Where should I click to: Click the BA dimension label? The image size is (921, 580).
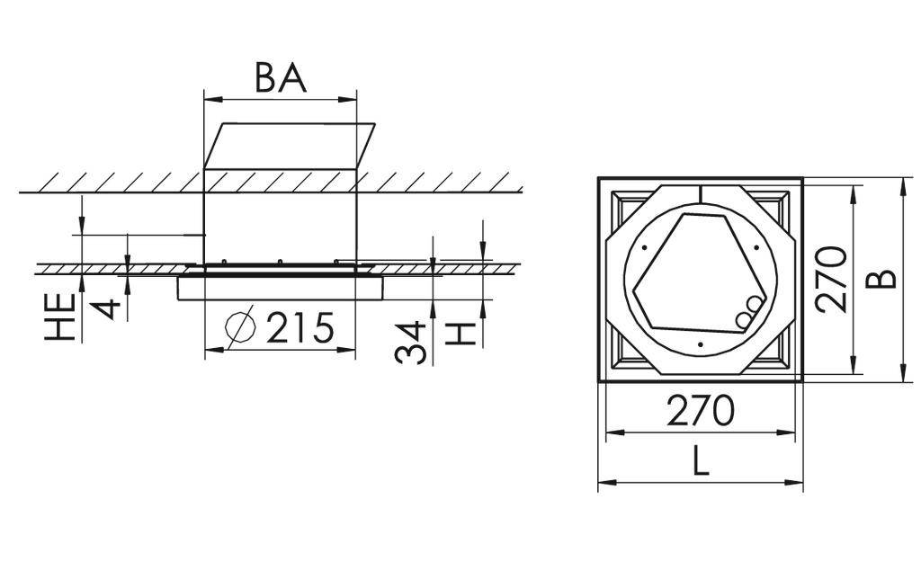coord(281,77)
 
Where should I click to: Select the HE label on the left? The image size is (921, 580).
coord(61,317)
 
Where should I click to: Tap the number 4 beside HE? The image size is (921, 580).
coord(107,308)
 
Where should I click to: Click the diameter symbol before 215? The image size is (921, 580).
coord(240,328)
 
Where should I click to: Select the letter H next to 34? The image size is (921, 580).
coord(460,334)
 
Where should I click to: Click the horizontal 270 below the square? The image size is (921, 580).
coord(700,411)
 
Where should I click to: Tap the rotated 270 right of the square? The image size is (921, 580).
coord(833,278)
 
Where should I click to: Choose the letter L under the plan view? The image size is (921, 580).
coord(701,462)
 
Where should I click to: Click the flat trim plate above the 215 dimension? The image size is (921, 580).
coord(281,288)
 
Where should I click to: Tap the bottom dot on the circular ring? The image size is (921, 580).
coord(700,344)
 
